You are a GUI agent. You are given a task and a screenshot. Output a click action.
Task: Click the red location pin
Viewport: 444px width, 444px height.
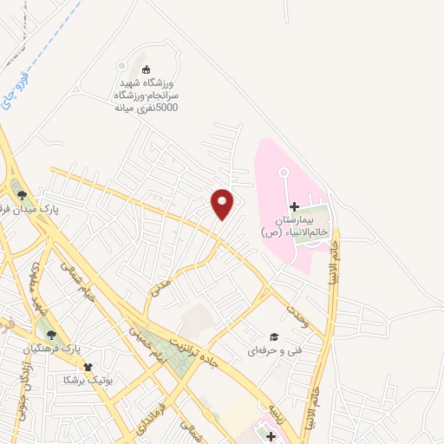tap(223, 204)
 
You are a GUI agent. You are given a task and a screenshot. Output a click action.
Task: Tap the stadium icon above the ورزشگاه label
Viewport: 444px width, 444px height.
tap(146, 69)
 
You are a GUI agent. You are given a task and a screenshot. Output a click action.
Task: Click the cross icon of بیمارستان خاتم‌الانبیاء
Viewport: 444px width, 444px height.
tap(294, 206)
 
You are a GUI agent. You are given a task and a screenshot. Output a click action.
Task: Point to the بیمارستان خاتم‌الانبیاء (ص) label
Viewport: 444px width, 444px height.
tap(295, 227)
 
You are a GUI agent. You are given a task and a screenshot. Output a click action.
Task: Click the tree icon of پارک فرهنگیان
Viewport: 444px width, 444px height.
tap(51, 334)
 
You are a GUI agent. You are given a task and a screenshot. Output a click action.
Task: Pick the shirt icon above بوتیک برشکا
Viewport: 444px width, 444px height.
tap(86, 367)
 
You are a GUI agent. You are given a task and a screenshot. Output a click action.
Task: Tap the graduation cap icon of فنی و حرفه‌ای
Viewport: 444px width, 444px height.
tap(274, 336)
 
